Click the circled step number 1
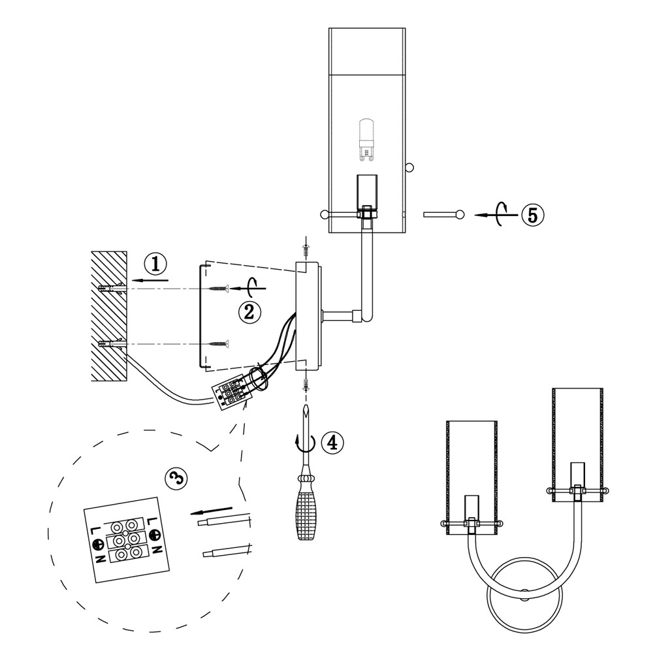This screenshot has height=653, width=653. (156, 264)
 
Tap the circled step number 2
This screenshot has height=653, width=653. (249, 311)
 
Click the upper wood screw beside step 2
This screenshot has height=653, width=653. (218, 288)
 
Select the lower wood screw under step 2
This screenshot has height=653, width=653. (218, 343)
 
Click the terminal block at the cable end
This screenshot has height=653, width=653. (231, 393)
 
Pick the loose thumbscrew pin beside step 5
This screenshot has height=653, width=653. (443, 214)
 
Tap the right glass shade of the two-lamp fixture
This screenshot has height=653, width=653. (578, 444)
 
